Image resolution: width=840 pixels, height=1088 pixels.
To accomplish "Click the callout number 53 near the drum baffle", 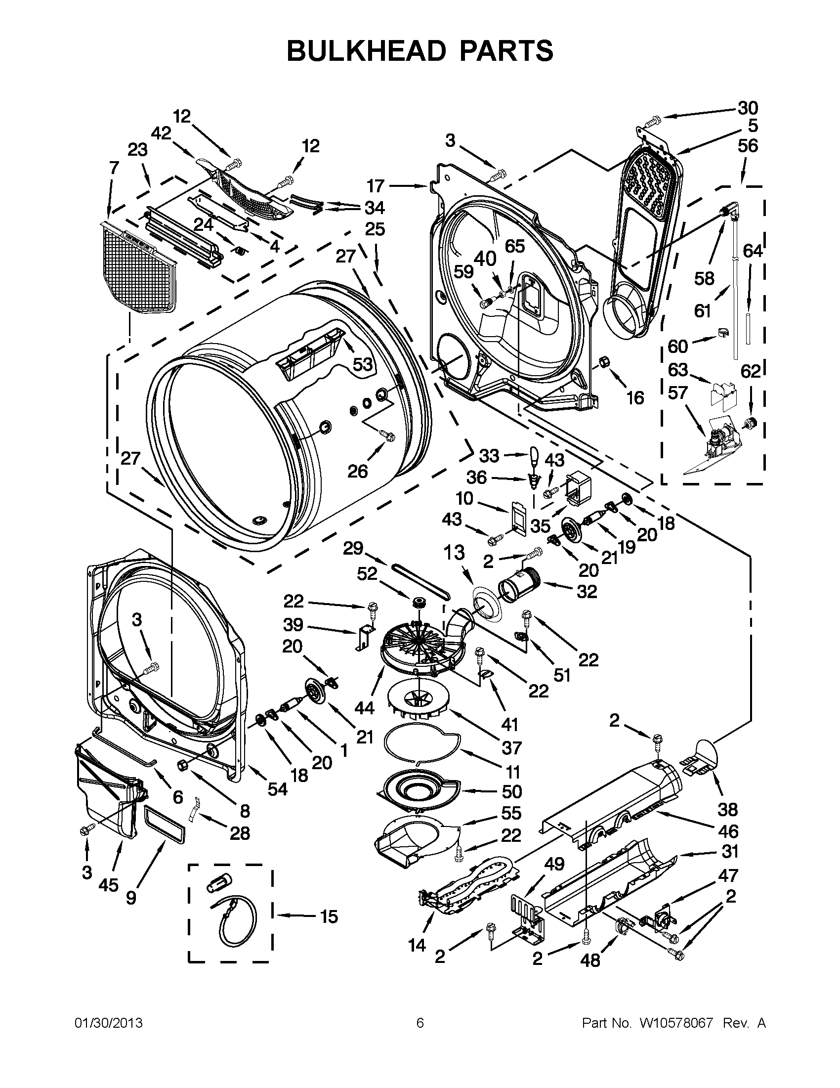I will pos(363,364).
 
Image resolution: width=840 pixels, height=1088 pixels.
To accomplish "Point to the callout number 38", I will pos(727,810).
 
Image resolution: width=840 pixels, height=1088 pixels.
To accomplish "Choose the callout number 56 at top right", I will pos(748,145).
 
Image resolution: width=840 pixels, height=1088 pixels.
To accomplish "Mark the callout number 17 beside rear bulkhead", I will pos(376,186).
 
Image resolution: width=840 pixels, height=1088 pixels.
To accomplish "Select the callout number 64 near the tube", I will pos(753,251).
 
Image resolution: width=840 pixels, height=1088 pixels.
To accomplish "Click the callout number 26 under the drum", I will pos(358,471).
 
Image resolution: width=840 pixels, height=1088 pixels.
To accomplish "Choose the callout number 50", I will pos(512,791).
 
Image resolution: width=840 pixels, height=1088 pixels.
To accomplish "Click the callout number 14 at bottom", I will pos(417,945).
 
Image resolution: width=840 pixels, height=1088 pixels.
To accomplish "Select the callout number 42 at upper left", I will pos(161,133).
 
